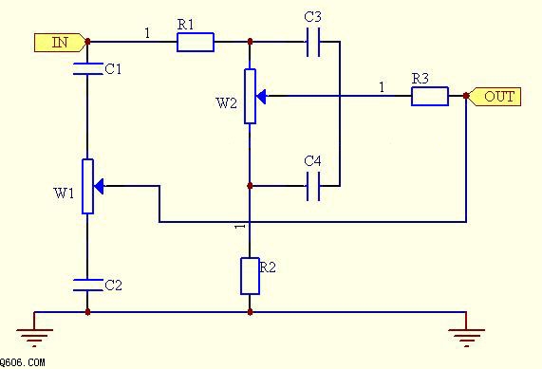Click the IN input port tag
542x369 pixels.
(60, 43)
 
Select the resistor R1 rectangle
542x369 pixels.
(196, 42)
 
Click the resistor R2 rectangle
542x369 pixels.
(250, 276)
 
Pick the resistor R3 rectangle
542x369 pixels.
(430, 96)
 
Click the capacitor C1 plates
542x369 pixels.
(87, 68)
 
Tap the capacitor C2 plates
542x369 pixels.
(87, 285)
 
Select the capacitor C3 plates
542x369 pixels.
(313, 42)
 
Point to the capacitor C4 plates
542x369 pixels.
(313, 186)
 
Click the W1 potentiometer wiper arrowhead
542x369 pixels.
(99, 186)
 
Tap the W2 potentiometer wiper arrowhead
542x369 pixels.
(261, 97)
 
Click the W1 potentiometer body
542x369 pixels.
(87, 187)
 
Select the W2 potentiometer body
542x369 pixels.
(250, 97)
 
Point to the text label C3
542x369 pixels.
(313, 16)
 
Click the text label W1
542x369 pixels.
(64, 194)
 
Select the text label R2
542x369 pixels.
(268, 268)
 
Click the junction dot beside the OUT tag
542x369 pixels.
(466, 96)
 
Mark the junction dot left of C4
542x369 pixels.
(251, 186)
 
